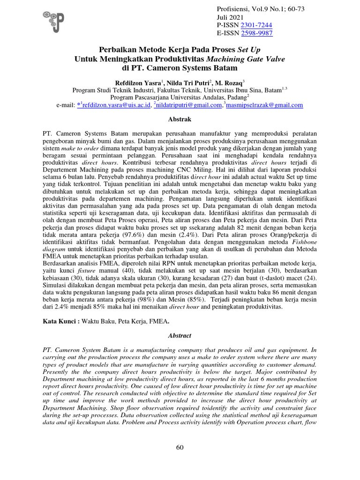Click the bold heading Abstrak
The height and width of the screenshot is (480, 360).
[180, 120]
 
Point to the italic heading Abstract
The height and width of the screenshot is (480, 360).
[180, 336]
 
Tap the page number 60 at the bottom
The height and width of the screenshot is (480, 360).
[180, 448]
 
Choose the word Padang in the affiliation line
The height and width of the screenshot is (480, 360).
[229, 97]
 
